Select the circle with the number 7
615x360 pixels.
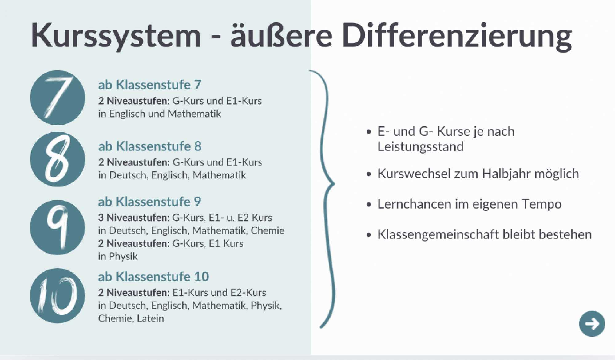click(58, 98)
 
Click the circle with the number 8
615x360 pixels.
click(58, 159)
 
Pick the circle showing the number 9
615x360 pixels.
click(58, 227)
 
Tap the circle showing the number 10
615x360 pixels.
click(58, 296)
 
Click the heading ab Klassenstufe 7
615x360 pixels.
click(150, 85)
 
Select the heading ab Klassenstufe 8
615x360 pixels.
click(150, 146)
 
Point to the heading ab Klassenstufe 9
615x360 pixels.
click(149, 202)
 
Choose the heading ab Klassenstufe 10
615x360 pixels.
click(153, 276)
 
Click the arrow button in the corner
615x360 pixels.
click(592, 324)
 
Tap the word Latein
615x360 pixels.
click(150, 318)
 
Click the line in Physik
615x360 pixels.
click(118, 256)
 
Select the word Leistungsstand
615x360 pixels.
click(420, 147)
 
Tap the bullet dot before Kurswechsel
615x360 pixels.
click(369, 174)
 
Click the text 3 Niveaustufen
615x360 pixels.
click(133, 218)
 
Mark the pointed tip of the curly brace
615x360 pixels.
click(334, 184)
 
